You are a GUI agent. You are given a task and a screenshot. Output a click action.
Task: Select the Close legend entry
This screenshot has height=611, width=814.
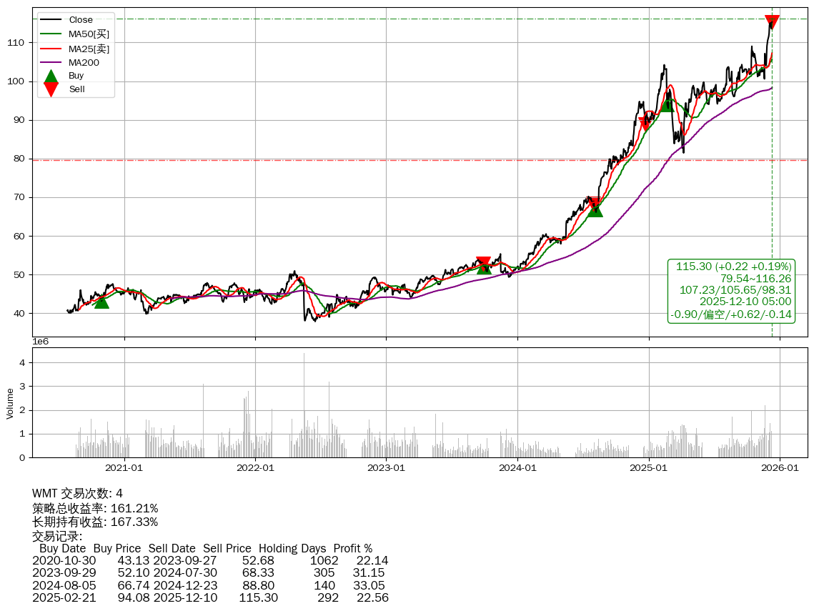tap(81, 20)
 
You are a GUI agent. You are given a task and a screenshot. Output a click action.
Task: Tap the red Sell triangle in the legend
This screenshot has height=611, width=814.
tap(51, 89)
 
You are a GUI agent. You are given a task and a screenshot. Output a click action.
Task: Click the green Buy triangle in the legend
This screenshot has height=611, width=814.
tap(51, 76)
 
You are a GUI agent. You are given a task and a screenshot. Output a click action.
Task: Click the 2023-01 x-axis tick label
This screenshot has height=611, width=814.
tap(386, 468)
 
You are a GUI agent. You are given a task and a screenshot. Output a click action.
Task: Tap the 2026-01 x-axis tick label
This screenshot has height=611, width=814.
tap(779, 468)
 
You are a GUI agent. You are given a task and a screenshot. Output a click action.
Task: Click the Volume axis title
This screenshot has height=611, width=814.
tap(10, 403)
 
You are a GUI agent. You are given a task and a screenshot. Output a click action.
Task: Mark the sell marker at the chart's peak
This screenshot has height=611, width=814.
tap(772, 22)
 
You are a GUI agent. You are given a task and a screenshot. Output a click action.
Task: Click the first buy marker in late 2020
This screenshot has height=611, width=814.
tap(101, 302)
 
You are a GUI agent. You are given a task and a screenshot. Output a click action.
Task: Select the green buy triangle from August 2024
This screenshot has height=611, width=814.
tap(595, 209)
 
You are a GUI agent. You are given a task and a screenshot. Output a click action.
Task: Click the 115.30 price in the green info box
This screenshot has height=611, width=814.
tap(693, 267)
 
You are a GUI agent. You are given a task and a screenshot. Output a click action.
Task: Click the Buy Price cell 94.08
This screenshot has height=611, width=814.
tap(133, 597)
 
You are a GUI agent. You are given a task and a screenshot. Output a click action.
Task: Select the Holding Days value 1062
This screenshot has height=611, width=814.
tap(324, 560)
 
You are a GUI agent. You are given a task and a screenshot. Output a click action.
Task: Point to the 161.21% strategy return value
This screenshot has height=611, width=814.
tap(134, 509)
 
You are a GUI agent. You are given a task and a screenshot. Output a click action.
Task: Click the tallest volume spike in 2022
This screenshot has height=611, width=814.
tap(304, 354)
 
